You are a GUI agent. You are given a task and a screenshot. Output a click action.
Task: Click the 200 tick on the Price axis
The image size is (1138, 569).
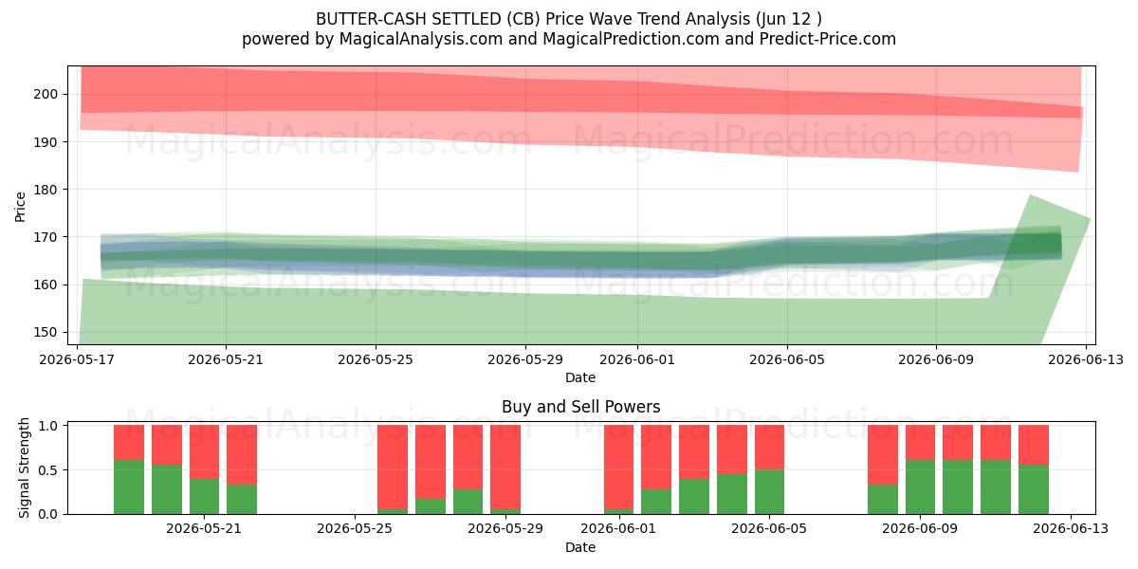click(x=46, y=95)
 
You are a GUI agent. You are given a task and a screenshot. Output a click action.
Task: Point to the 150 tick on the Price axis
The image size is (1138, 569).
click(x=46, y=333)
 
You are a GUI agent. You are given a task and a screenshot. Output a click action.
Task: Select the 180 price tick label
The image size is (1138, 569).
click(x=46, y=190)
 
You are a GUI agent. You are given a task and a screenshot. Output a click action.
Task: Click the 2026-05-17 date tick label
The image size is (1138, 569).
click(x=77, y=360)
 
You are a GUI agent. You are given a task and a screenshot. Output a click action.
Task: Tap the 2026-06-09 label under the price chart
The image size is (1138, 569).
click(x=936, y=360)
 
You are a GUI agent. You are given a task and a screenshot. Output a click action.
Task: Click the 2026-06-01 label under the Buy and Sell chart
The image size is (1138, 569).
click(x=618, y=529)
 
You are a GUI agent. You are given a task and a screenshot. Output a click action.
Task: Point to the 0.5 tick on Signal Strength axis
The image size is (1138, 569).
click(x=49, y=470)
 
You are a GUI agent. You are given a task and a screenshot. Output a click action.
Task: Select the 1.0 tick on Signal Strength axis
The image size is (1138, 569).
click(x=49, y=426)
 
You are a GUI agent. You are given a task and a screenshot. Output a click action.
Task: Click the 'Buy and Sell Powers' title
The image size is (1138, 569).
click(x=580, y=407)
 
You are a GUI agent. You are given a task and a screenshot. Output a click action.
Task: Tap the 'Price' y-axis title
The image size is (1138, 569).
click(x=20, y=208)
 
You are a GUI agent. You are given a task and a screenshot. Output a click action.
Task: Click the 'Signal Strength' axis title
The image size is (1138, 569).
click(x=24, y=468)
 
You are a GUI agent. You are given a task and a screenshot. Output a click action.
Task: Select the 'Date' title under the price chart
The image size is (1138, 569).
click(x=580, y=378)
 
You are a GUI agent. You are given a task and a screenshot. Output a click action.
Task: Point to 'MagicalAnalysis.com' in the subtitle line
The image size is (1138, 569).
click(x=421, y=40)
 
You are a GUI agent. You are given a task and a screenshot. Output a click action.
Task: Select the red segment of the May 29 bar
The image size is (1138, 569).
click(x=505, y=468)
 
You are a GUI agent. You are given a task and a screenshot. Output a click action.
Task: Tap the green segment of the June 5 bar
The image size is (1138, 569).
click(x=770, y=492)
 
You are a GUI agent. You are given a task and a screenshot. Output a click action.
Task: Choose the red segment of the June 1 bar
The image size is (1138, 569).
click(x=618, y=468)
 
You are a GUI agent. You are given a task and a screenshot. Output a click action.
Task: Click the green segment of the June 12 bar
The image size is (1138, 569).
click(x=1034, y=489)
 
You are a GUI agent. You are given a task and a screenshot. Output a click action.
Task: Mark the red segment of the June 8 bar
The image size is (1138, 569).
click(x=883, y=455)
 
